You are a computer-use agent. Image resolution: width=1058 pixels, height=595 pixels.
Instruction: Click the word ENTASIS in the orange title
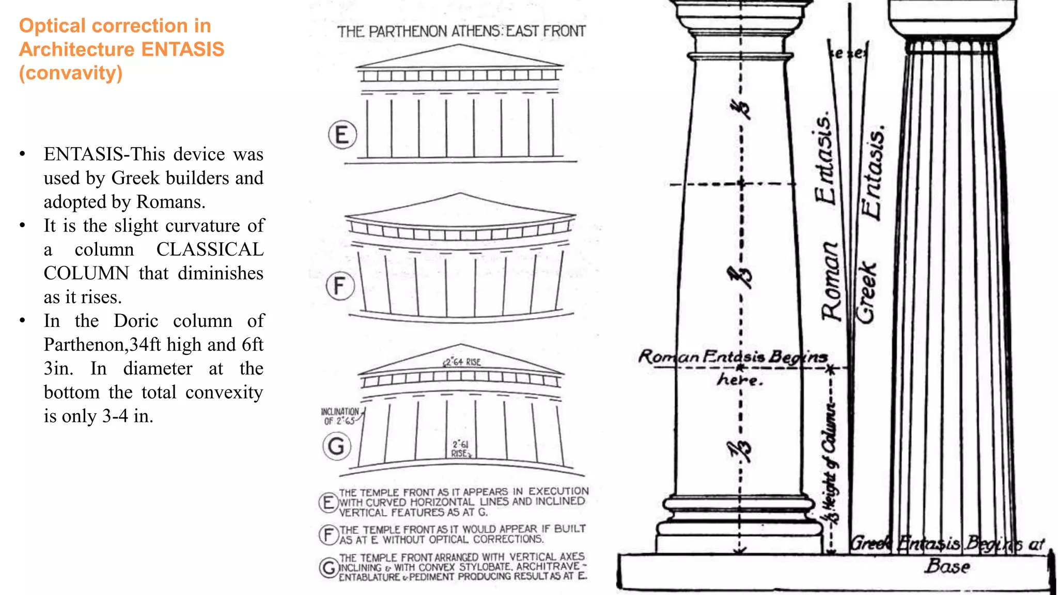[183, 50]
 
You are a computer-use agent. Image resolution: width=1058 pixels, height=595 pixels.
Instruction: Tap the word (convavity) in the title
[71, 73]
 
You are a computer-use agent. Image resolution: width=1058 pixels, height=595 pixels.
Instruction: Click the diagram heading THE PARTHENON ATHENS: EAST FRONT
[461, 32]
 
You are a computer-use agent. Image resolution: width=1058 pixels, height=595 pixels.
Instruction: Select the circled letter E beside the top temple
[342, 135]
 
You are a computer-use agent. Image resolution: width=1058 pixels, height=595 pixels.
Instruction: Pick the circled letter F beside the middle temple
[340, 286]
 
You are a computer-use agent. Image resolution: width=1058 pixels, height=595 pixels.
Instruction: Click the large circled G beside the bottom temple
[336, 446]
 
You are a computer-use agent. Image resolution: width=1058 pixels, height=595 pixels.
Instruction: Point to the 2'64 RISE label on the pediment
[462, 362]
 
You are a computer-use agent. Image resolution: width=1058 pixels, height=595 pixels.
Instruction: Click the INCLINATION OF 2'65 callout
[340, 416]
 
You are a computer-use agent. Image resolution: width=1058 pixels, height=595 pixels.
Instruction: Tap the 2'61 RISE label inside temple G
[461, 449]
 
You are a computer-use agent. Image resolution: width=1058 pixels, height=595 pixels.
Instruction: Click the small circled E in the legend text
[328, 502]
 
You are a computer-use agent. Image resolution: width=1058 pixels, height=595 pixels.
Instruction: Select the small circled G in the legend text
[329, 568]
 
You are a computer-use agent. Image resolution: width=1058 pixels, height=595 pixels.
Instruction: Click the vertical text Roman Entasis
[829, 217]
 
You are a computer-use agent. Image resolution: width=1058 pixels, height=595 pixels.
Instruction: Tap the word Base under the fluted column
[947, 566]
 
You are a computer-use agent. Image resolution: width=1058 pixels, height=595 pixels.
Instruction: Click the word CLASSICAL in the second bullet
[210, 249]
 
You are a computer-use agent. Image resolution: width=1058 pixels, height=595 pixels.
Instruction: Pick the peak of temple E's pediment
[459, 45]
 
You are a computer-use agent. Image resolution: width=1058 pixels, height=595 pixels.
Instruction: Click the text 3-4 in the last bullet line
[115, 416]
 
